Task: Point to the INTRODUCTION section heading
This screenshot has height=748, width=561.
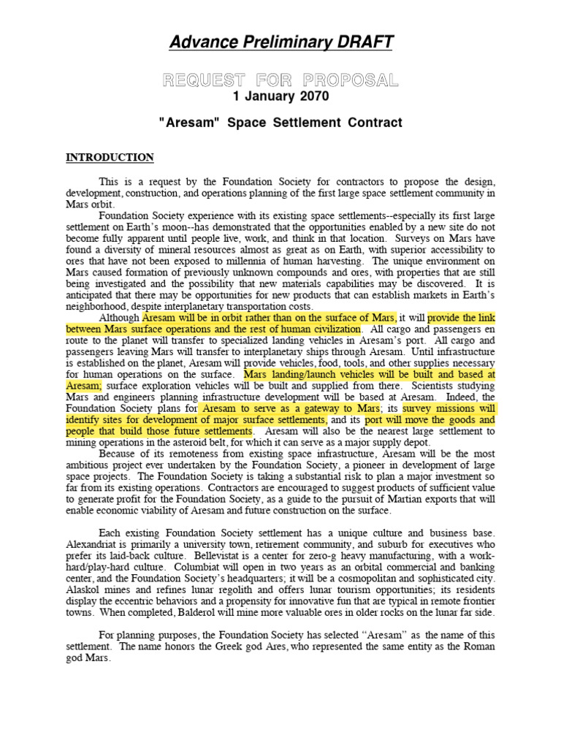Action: coord(110,157)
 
